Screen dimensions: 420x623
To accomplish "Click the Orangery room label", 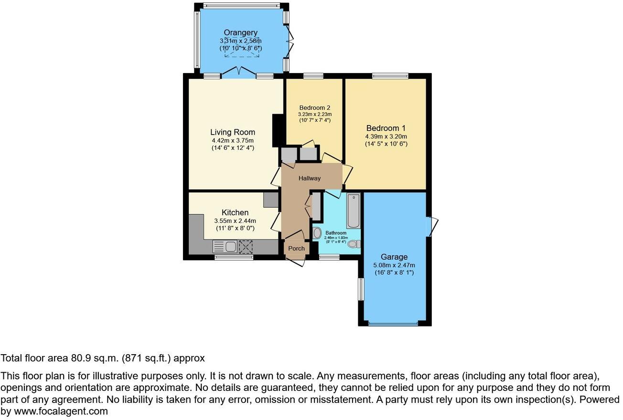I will click(x=241, y=32).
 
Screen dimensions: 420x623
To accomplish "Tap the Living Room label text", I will click(x=233, y=132).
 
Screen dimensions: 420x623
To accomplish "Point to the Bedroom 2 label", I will click(x=315, y=107).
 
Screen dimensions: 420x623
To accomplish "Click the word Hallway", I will click(x=310, y=178).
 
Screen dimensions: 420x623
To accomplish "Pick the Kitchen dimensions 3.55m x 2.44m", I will click(x=235, y=220).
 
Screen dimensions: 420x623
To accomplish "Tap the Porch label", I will click(x=296, y=248).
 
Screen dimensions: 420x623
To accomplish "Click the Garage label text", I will click(x=394, y=257).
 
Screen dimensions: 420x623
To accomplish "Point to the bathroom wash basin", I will click(x=317, y=233).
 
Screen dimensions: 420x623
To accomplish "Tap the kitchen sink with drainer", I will click(x=225, y=247).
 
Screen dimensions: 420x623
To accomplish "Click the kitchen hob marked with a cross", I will click(x=246, y=247).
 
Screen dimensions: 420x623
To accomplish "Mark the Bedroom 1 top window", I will click(x=390, y=75).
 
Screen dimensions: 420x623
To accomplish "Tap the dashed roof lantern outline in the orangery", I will click(x=241, y=47).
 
